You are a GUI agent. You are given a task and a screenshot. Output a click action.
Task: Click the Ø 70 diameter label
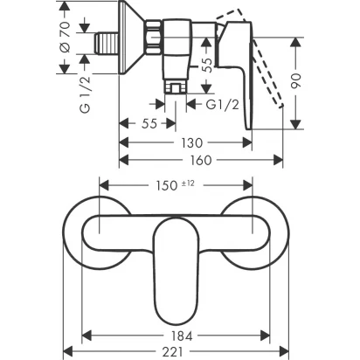(x=66, y=38)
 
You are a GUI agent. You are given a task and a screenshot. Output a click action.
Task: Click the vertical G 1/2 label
(x=86, y=94)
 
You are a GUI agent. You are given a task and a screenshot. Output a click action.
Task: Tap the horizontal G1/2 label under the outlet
(x=223, y=105)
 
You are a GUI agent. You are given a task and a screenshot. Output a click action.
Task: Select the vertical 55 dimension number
(x=208, y=65)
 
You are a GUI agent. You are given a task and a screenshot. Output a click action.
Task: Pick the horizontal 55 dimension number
(x=149, y=124)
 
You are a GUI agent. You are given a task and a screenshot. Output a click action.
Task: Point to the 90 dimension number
(x=296, y=81)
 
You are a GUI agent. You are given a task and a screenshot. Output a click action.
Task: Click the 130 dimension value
(x=192, y=143)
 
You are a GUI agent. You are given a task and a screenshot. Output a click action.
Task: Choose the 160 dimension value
(x=201, y=160)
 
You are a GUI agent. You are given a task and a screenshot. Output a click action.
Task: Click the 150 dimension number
(x=167, y=185)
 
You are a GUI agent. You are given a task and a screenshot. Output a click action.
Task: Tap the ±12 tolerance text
(x=189, y=183)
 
